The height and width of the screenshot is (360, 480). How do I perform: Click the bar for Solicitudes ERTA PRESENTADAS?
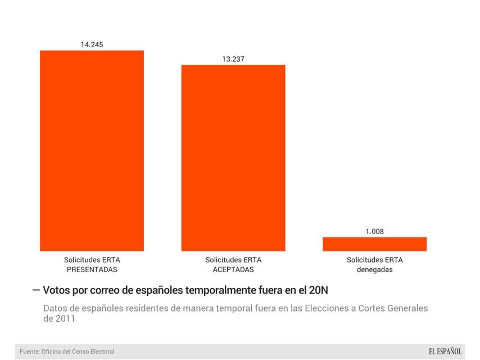coord(92,151)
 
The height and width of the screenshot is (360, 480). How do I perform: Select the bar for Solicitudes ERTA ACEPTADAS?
coord(233,157)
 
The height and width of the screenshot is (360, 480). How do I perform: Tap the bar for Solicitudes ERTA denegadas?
coord(374,244)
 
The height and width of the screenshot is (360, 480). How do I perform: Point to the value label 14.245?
coord(92,44)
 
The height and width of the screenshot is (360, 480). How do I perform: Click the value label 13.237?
coord(233,58)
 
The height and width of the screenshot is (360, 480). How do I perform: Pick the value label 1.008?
coord(374,231)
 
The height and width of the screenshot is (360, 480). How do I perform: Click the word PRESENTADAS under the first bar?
coord(92,269)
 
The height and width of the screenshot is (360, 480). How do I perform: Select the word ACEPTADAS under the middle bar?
coord(233,269)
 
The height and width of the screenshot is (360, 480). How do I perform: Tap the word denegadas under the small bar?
coord(374,269)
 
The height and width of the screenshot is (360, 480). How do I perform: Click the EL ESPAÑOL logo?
coord(445,352)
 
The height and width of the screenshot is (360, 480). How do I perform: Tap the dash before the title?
coord(36,290)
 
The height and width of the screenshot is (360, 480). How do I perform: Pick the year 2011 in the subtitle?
coord(66,318)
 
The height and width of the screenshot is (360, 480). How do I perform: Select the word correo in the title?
coord(107,290)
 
